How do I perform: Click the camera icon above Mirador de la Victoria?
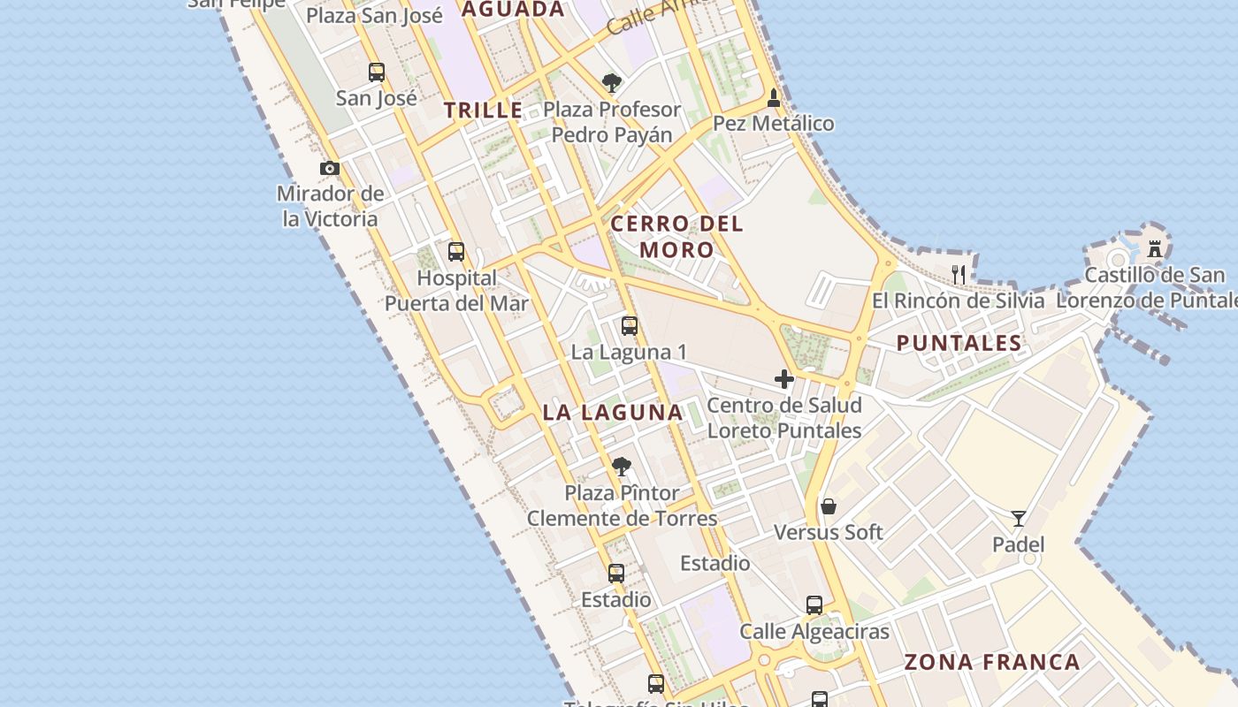click(x=330, y=168)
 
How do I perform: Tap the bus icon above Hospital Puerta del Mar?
click(x=456, y=252)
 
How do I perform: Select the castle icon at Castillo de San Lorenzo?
click(x=1154, y=248)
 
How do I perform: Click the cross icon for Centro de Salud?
click(x=783, y=379)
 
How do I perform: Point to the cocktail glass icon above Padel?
click(x=1019, y=519)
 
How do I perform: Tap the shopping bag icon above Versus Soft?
click(x=829, y=506)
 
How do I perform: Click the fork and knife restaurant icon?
click(x=959, y=274)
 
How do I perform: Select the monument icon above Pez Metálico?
click(x=774, y=97)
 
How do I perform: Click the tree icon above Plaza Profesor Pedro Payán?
click(x=611, y=83)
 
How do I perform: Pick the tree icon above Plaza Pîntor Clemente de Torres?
click(x=622, y=467)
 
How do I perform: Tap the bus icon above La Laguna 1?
click(x=630, y=326)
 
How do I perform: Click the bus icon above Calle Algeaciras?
click(x=814, y=605)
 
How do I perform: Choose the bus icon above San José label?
click(x=377, y=72)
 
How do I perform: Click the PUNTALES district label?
click(x=959, y=343)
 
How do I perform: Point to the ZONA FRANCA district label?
click(x=992, y=662)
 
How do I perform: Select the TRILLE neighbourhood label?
click(x=484, y=110)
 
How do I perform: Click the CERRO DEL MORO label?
click(x=677, y=236)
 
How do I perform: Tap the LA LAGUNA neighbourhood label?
click(x=613, y=412)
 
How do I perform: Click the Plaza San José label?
click(x=374, y=15)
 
